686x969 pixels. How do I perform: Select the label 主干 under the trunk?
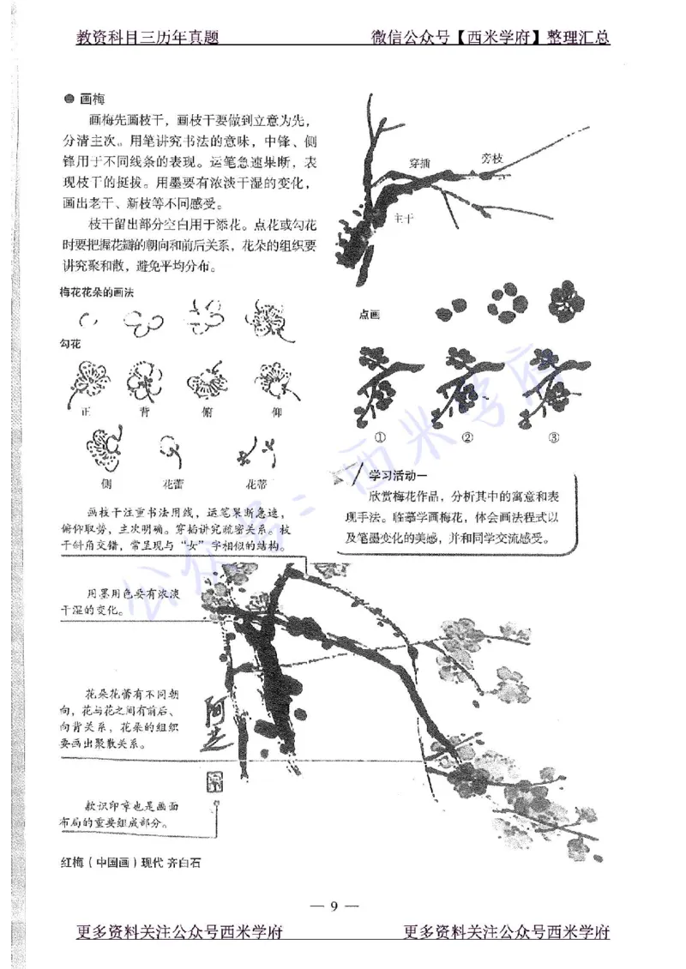pos(404,220)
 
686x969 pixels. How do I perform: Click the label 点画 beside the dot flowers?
pos(370,315)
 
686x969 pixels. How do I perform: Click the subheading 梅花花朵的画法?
pos(97,292)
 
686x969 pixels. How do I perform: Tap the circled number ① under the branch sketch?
pos(381,437)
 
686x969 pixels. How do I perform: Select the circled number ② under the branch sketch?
pos(468,437)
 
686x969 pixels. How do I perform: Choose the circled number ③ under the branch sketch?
pos(554,437)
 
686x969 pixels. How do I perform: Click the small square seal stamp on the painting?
pos(214,779)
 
